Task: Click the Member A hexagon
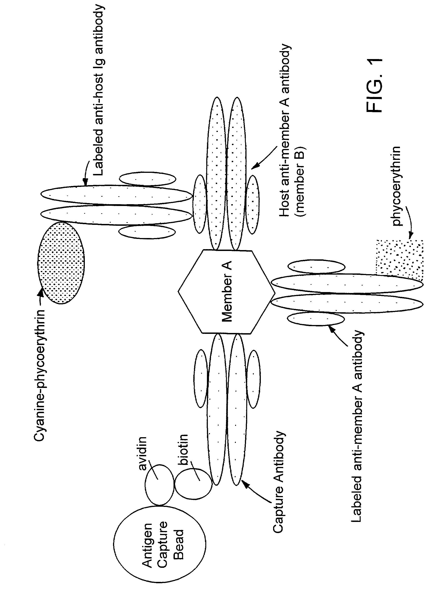pos(226,291)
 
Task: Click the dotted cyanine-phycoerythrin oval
pos(61,263)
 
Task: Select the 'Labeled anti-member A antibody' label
pos(357,426)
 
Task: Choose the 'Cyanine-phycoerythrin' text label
pos(39,375)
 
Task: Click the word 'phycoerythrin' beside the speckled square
pos(396,186)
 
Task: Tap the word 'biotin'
pos(183,450)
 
